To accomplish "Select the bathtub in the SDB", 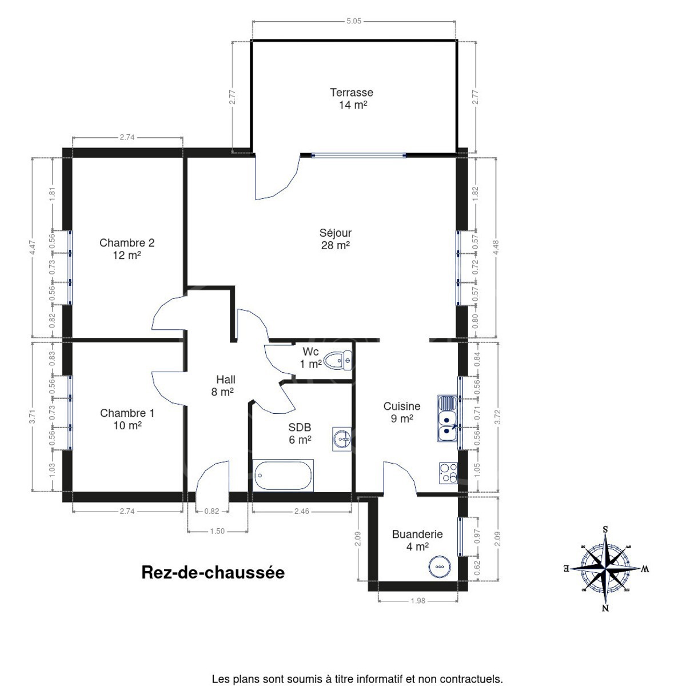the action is point(283,475).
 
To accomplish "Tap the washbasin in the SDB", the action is point(342,439).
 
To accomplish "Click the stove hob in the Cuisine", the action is point(448,473).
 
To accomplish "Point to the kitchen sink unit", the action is point(448,418).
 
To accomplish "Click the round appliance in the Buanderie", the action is point(440,567).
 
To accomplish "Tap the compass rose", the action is point(605,568).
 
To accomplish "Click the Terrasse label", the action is point(352,93).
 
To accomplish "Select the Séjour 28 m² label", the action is point(336,239).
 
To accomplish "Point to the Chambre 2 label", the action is point(127,243).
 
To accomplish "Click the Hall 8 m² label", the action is point(223,385).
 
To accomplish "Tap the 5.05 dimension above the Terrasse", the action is point(354,21).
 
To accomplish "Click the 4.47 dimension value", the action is point(33,248).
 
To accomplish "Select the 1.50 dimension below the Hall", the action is point(217,531).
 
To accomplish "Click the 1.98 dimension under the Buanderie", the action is point(418,601).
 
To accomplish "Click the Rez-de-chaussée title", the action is point(213,573).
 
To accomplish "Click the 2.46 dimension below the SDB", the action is point(301,511).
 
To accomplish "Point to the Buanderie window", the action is point(460,536).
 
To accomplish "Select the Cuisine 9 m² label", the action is point(402,412).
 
